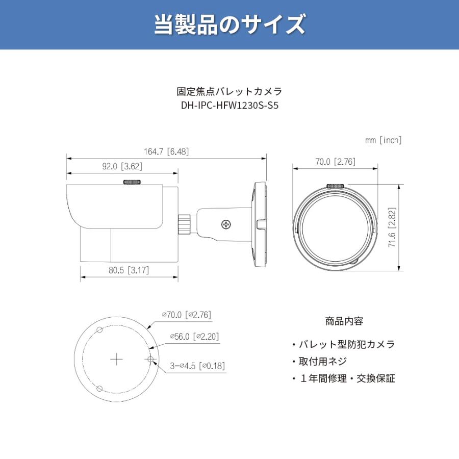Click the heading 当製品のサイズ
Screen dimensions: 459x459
(229, 24)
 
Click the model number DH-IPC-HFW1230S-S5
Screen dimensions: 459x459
(229, 106)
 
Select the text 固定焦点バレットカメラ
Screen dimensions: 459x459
(229, 92)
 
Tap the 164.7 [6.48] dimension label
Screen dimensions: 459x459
(166, 151)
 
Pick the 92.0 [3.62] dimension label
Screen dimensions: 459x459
(122, 166)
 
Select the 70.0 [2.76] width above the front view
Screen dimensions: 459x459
(335, 162)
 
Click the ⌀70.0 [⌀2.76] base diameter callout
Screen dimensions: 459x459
(187, 315)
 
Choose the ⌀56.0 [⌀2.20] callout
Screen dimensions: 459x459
(195, 337)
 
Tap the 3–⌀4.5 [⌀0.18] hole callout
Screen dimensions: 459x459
(198, 366)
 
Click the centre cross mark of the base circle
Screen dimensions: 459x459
(117, 359)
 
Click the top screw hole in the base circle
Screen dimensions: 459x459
(100, 330)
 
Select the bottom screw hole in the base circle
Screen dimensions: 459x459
(100, 389)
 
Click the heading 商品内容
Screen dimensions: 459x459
(344, 322)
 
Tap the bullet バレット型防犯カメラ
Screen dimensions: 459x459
(343, 344)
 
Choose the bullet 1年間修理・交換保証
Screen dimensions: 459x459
(343, 378)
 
